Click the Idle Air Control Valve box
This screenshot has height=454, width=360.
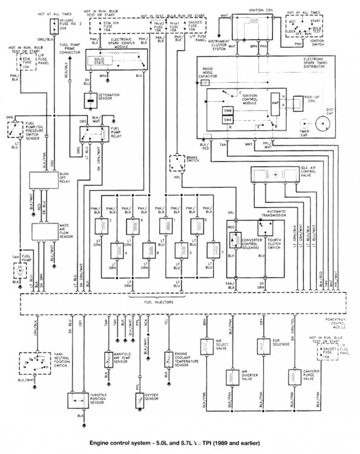coord(278,175)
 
